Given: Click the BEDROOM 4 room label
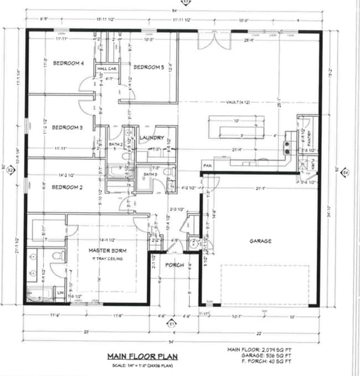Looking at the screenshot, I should pos(68,63).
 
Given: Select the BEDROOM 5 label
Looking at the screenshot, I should pos(148,66).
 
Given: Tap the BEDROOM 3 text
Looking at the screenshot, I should pos(67,127).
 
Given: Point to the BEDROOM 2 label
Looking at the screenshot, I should pos(67,187).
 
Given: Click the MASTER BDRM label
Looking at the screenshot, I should pos(109,251).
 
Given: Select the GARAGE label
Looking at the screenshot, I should pos(260,241).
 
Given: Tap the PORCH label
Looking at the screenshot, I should pos(174,265).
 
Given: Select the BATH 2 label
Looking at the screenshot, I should pos(115,145).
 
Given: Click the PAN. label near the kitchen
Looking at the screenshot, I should pos(208,166).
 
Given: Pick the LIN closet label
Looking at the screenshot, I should pos(60,291).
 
